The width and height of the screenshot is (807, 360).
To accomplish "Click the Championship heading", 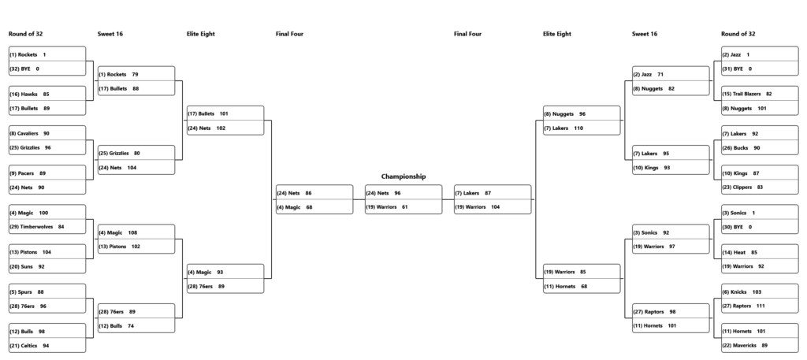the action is coord(403,176).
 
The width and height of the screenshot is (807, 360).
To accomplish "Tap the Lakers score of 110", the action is coord(578,128).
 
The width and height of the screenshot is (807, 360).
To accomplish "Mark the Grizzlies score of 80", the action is coord(137,154).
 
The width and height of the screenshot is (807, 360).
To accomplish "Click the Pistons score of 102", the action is coord(136,247).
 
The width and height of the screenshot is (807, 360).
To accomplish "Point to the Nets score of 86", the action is coord(308,193).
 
